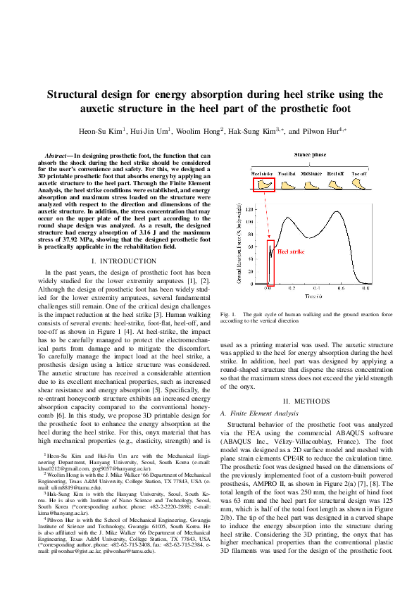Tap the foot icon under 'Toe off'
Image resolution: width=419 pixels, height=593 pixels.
point(359,185)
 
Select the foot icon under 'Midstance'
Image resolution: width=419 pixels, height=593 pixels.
point(311,185)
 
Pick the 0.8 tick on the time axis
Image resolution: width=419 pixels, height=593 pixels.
point(365,289)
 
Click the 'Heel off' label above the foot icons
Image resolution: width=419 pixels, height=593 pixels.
point(335,173)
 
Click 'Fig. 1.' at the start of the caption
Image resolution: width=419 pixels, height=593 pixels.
point(227,313)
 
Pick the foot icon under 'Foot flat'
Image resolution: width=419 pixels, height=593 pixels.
point(287,185)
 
